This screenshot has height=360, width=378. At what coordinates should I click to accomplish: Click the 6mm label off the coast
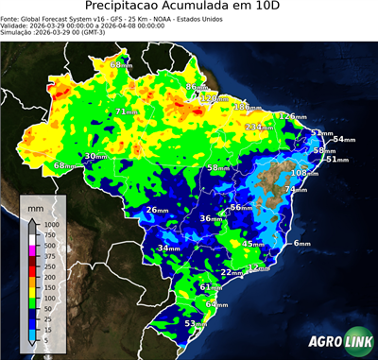coord(302,243)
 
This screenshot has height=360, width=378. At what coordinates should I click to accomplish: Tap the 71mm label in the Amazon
coord(126,111)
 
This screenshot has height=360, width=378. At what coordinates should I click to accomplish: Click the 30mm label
coord(95,156)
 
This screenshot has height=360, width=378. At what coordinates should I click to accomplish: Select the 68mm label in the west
coord(64,165)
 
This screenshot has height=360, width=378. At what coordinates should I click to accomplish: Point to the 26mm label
coord(156,210)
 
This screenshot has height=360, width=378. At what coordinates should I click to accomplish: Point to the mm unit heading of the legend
coord(35,206)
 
